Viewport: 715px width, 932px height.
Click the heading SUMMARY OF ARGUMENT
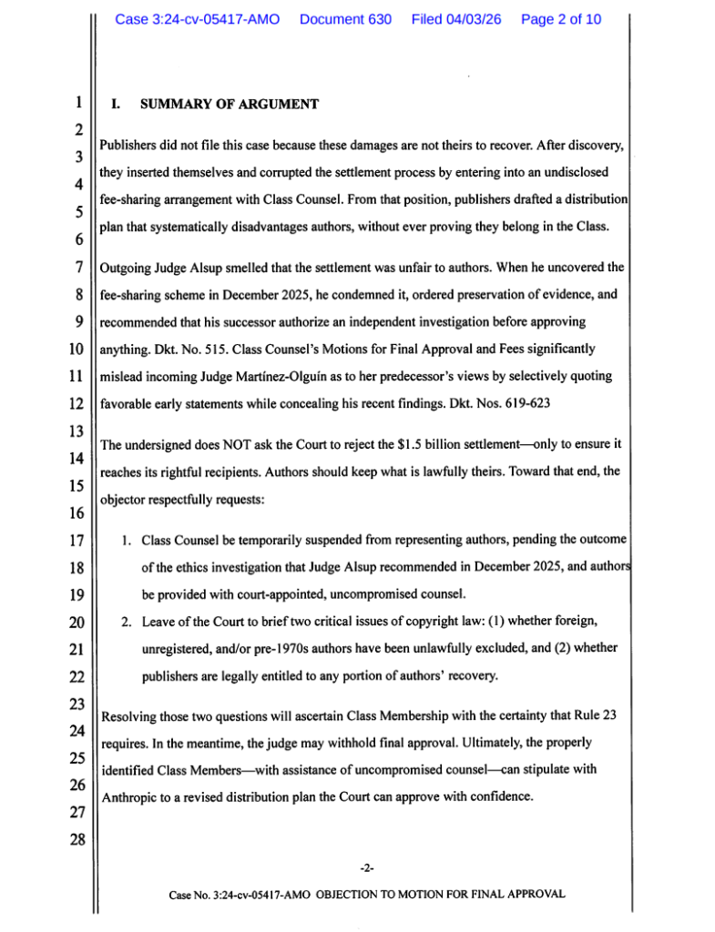228,104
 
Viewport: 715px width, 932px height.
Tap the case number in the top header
197,19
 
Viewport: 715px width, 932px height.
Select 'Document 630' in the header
345,19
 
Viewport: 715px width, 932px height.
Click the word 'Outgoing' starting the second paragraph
127,267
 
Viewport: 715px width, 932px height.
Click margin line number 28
78,838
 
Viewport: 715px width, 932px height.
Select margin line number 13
78,431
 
